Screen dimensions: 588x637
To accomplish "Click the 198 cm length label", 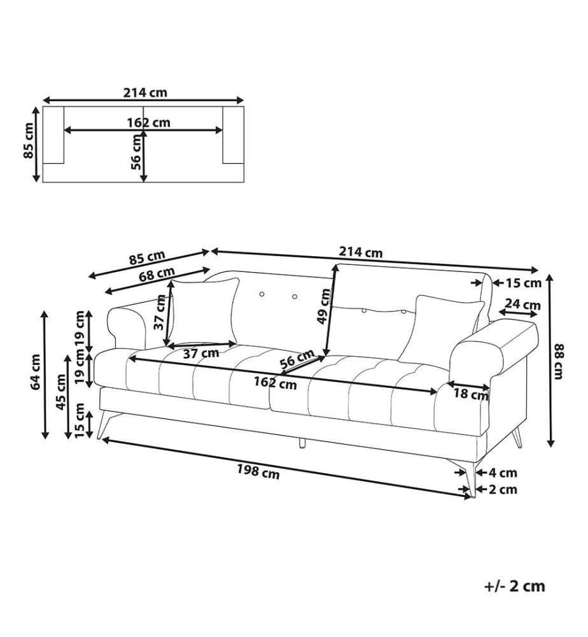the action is tap(258, 471).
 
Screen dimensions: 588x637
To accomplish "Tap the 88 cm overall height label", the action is tap(559, 361).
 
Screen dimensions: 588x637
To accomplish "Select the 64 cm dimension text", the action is tap(36, 372).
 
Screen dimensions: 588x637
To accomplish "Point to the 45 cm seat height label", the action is tap(61, 392).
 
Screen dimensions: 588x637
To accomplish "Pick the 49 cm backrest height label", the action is tap(325, 306).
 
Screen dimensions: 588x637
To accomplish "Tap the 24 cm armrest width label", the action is tap(522, 304).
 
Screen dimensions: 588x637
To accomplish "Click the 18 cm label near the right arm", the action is tap(471, 393).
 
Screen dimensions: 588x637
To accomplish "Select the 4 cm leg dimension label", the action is tap(503, 473).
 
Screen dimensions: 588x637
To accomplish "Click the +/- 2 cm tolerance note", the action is tap(515, 586).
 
